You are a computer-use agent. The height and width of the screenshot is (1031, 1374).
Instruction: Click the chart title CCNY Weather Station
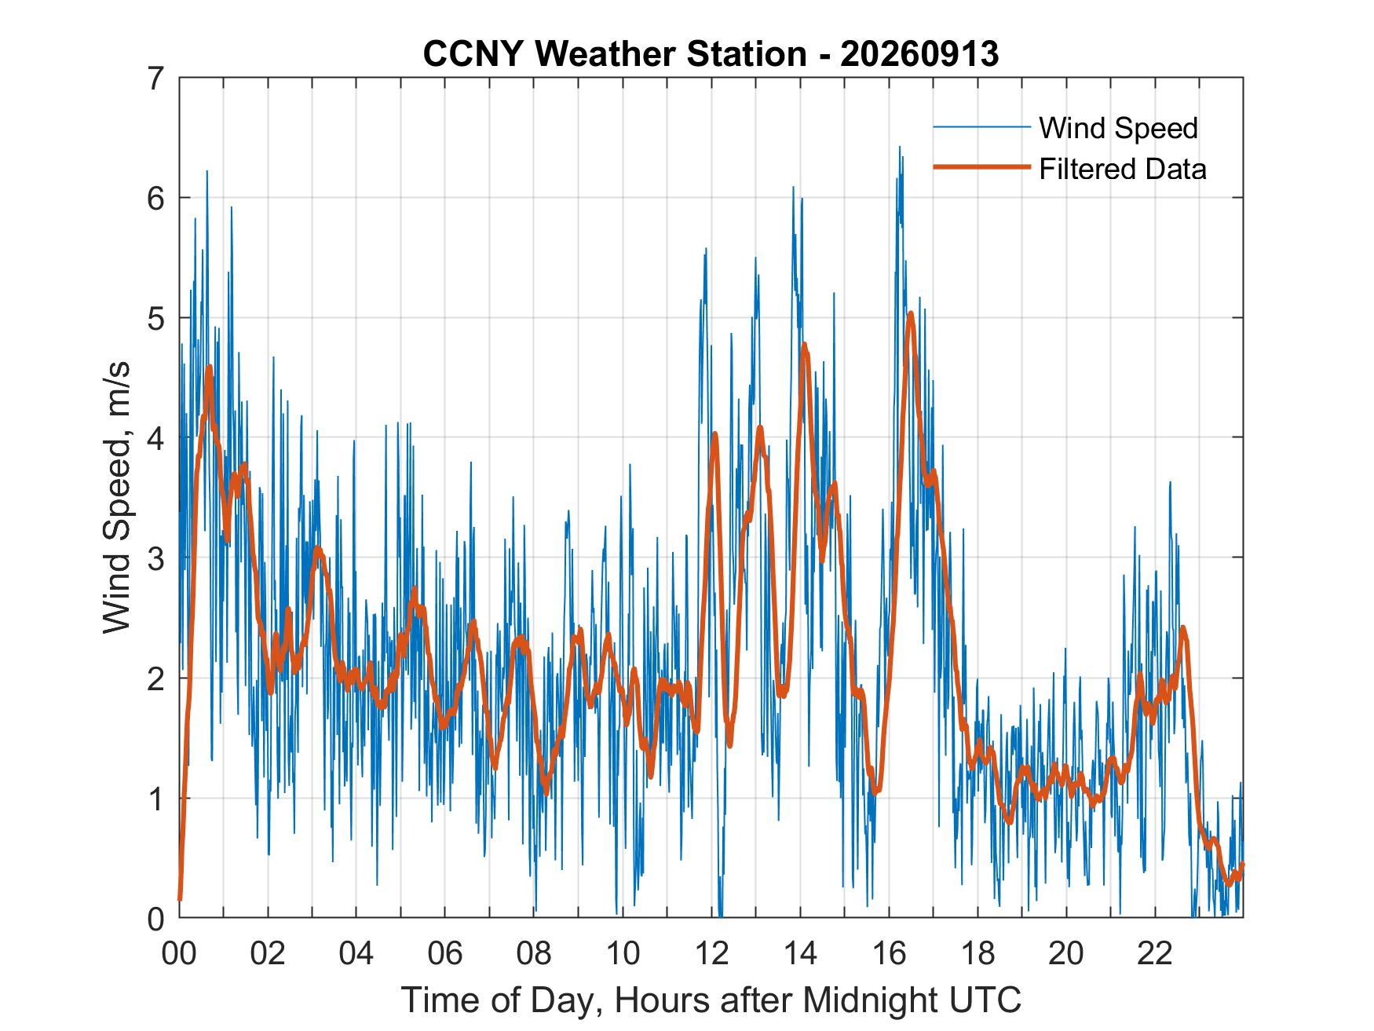615,53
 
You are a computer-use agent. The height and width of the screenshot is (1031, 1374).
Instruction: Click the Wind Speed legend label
1119,128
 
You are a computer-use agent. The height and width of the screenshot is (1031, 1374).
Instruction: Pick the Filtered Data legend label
1123,169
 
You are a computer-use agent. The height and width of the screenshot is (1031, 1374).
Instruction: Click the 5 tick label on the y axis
158,318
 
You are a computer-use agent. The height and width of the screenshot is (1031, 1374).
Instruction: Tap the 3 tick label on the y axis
158,558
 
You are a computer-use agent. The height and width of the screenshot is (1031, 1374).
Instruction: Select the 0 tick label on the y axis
158,918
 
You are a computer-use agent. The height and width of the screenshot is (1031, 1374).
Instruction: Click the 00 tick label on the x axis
179,953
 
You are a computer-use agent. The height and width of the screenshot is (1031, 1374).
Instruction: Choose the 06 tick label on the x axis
445,953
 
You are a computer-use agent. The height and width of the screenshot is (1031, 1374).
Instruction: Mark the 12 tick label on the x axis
712,953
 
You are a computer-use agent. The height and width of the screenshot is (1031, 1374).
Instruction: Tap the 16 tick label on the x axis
890,953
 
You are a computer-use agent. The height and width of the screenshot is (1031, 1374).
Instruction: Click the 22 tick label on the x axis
1156,953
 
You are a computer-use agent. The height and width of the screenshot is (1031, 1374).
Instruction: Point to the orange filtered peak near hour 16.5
911,313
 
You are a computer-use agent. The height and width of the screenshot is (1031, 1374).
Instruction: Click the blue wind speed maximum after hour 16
899,147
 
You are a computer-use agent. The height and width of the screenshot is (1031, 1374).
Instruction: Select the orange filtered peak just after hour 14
805,344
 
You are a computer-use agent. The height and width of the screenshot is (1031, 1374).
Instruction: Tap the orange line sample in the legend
981,167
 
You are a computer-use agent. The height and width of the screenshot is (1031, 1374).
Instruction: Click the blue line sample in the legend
981,126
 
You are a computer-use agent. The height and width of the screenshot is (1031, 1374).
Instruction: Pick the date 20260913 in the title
919,53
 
